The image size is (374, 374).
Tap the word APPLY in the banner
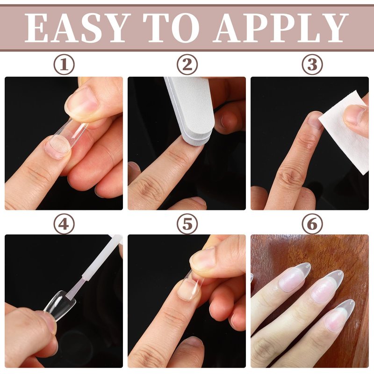click(x=280, y=28)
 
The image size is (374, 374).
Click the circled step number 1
click(x=64, y=65)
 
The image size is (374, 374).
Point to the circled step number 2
click(x=187, y=65)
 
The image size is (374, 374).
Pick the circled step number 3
click(x=312, y=65)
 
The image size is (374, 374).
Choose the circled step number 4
click(x=64, y=224)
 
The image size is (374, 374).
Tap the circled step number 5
click(x=187, y=224)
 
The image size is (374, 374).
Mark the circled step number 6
click(x=312, y=224)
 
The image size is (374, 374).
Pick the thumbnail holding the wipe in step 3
click(x=355, y=115)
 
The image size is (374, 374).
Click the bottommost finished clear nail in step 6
click(x=338, y=315)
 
